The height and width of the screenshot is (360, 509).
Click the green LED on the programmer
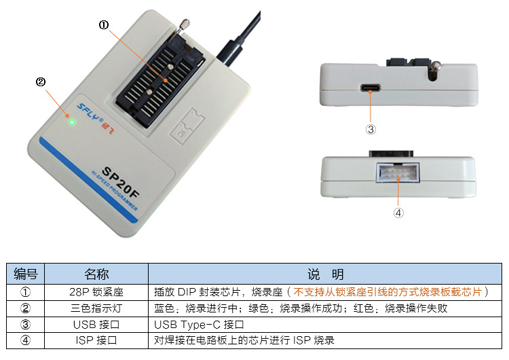pyautogui.click(x=72, y=122)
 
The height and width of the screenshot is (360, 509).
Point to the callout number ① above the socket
pyautogui.click(x=104, y=24)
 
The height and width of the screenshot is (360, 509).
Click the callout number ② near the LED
pyautogui.click(x=40, y=82)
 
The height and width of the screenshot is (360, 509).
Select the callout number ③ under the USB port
pyautogui.click(x=371, y=128)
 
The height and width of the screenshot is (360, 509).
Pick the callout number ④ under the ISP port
pyautogui.click(x=398, y=212)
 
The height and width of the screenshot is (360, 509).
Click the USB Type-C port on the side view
pyautogui.click(x=371, y=88)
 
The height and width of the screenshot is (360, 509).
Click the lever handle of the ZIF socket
pyautogui.click(x=183, y=26)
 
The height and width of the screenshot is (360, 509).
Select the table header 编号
pyautogui.click(x=26, y=274)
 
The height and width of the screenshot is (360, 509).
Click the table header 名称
pyautogui.click(x=96, y=274)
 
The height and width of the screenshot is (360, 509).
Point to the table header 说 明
pyautogui.click(x=325, y=274)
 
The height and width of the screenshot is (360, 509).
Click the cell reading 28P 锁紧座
pyautogui.click(x=96, y=291)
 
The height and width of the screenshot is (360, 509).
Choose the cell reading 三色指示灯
pyautogui.click(x=96, y=308)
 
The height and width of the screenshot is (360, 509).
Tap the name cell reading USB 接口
pyautogui.click(x=96, y=324)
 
